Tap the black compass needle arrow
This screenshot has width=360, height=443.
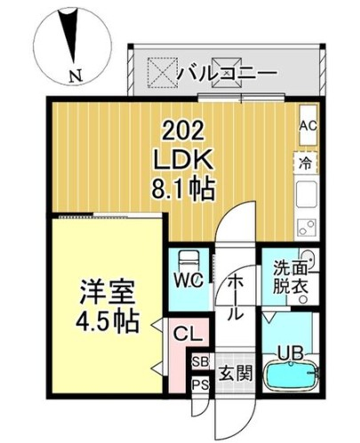[70, 36]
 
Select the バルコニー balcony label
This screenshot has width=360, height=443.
[227, 73]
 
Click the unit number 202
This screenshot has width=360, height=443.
[183, 131]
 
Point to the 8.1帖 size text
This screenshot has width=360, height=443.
[183, 189]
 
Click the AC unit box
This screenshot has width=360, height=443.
[308, 125]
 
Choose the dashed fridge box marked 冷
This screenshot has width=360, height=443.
[306, 163]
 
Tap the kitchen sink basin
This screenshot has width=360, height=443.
[307, 194]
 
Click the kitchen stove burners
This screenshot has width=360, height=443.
[307, 228]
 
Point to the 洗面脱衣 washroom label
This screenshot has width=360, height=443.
[290, 277]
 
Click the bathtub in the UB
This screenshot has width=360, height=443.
[291, 376]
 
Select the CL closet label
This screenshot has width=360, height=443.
[188, 334]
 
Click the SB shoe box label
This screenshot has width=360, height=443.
[200, 362]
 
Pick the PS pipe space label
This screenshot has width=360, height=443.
[201, 385]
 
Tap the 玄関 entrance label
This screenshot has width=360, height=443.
[236, 373]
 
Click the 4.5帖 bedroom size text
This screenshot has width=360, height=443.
[108, 322]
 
